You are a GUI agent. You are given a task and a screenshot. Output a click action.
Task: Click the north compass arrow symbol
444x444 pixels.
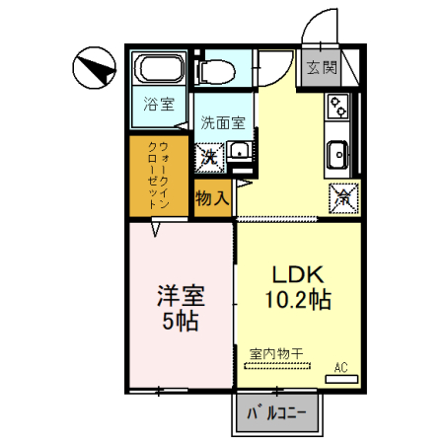point(93,69)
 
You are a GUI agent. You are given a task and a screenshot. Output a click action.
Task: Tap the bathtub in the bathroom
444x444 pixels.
point(158,70)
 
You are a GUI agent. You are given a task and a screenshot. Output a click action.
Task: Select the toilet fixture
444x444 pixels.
point(214,70)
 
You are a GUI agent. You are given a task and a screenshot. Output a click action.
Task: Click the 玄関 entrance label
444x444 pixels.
point(321,68)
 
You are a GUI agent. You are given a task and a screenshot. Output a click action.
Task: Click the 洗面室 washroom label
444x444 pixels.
point(223,123)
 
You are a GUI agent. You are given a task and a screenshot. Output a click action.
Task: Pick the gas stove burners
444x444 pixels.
point(337,107)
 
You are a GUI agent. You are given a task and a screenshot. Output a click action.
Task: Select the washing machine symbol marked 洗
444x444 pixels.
point(211,156)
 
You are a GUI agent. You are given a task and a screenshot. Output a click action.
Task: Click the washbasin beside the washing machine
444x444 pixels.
point(239,153)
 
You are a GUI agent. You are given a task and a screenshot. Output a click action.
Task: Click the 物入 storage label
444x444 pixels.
point(213,197)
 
